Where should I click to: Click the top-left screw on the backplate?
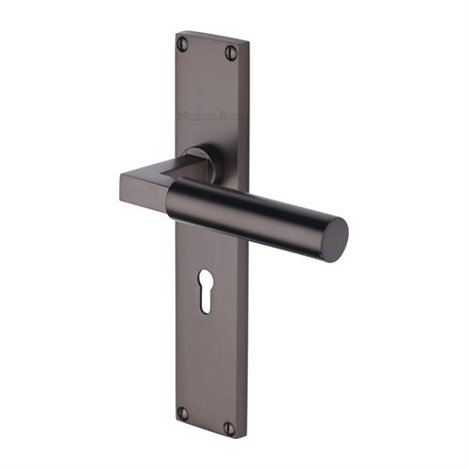(x=183, y=42)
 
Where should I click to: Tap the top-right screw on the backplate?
(x=231, y=54)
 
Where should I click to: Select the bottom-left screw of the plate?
(x=183, y=413)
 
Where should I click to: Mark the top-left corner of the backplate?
(x=177, y=34)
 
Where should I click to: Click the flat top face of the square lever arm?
(x=150, y=168)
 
